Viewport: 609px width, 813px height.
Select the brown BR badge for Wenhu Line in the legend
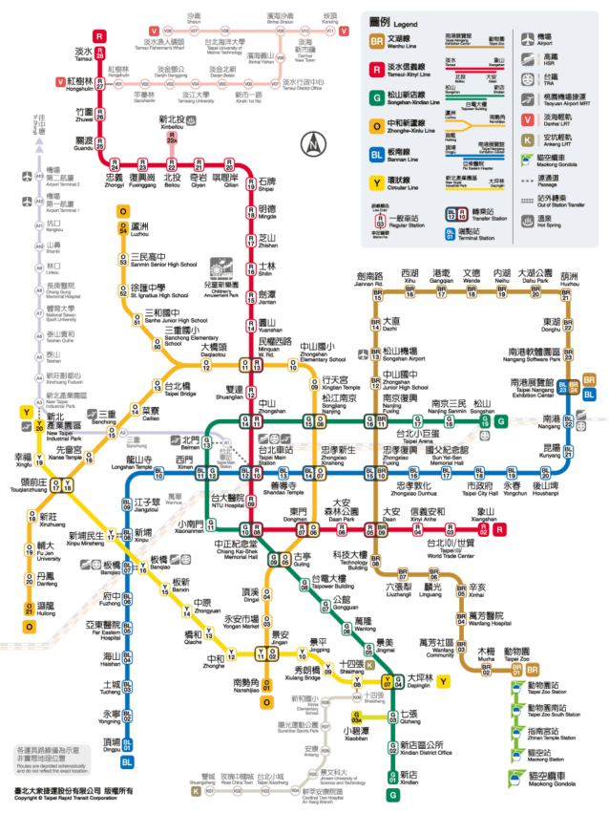point(378,41)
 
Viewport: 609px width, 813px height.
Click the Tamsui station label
point(84,54)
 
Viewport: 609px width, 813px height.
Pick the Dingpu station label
point(112,741)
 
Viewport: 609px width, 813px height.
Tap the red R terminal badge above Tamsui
point(99,35)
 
